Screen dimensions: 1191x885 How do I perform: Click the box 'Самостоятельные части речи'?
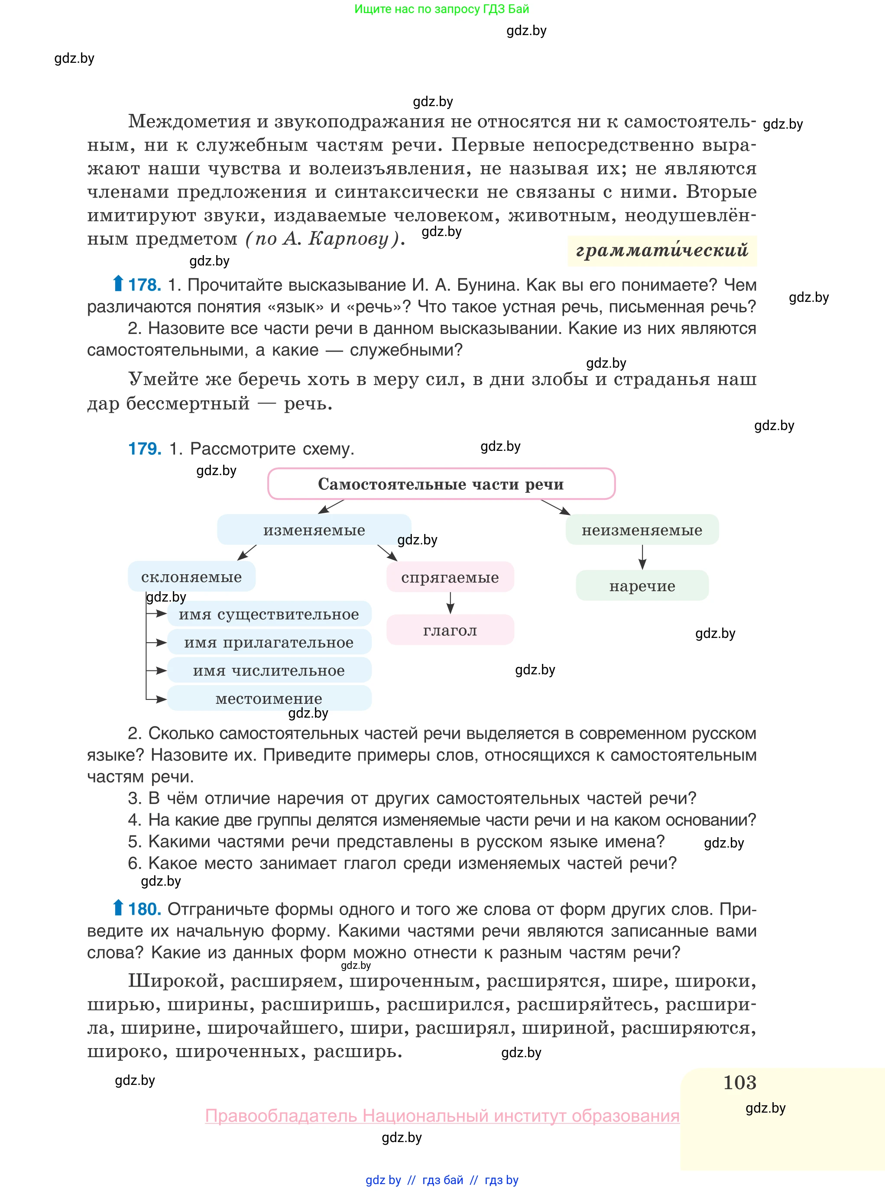(441, 484)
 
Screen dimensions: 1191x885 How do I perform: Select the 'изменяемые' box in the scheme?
(314, 530)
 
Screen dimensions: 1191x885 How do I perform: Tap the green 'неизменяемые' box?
(642, 530)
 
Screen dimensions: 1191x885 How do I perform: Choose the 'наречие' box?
(642, 586)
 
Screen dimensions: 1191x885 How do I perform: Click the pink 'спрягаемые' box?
(450, 577)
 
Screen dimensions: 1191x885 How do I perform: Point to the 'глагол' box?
(450, 630)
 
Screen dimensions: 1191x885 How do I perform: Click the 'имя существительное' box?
(269, 614)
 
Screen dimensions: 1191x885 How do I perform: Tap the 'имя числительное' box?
(269, 670)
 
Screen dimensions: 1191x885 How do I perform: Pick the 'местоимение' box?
(269, 698)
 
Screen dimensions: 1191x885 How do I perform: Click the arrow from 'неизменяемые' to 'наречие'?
(642, 557)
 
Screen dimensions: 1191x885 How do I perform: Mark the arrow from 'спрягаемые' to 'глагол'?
(450, 602)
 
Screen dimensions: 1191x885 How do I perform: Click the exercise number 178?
(145, 285)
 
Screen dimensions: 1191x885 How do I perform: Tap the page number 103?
(739, 1082)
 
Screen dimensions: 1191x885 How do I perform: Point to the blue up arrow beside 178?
(118, 283)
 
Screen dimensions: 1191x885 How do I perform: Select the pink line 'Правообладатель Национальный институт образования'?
(442, 1116)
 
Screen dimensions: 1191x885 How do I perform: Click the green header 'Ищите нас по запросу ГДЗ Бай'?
(441, 9)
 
